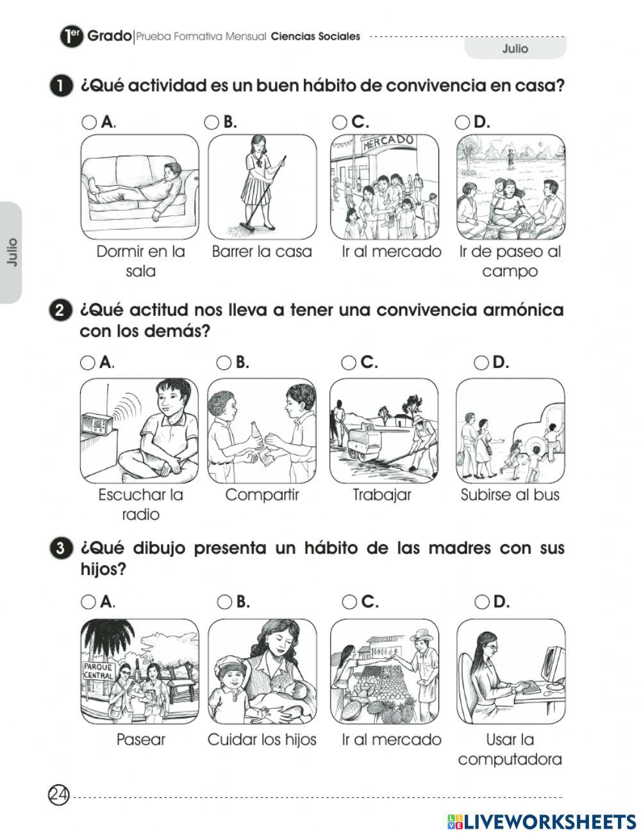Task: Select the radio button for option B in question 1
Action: (212, 122)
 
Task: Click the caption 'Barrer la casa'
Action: (262, 251)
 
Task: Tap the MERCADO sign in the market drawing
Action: (388, 142)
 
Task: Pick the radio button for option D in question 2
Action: (481, 363)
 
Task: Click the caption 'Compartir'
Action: (262, 495)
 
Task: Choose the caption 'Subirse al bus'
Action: (510, 495)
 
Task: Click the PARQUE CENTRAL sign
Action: (98, 671)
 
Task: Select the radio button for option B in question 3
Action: (224, 602)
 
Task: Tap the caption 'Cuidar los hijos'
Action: (262, 740)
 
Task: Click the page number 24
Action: (58, 795)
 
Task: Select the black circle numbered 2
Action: (59, 311)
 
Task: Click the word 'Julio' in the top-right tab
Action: (515, 49)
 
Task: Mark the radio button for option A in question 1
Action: (89, 122)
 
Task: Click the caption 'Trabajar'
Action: (382, 495)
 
